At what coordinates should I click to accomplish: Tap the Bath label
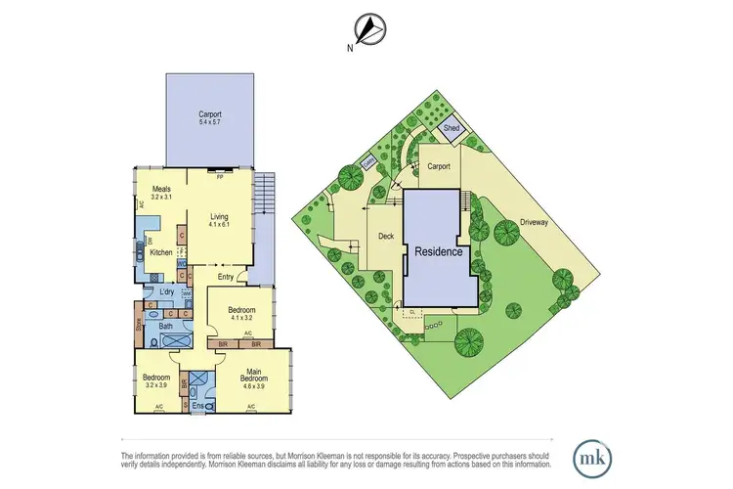pyautogui.click(x=167, y=328)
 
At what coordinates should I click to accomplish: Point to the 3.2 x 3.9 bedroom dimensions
pyautogui.click(x=156, y=383)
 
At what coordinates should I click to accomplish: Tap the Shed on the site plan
pyautogui.click(x=452, y=128)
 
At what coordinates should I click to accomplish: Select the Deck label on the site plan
pyautogui.click(x=385, y=235)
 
